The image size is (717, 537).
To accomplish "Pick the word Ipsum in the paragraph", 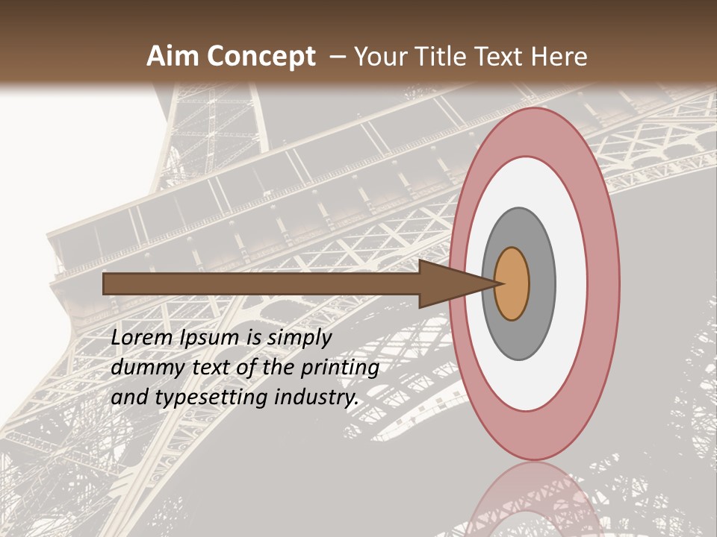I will pos(211,338).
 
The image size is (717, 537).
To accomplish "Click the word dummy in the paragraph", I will pos(146,368).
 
